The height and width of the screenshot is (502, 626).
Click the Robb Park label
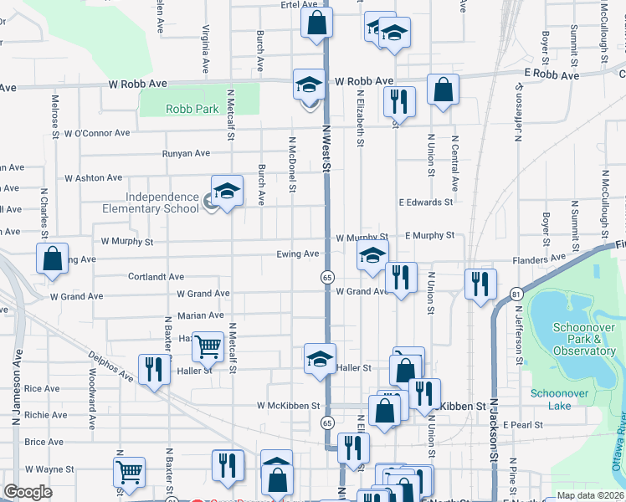pyautogui.click(x=192, y=109)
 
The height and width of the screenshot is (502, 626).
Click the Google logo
pyautogui.click(x=28, y=492)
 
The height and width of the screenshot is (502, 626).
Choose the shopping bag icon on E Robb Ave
pyautogui.click(x=443, y=90)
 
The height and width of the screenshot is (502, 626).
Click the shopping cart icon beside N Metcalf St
pyautogui.click(x=208, y=345)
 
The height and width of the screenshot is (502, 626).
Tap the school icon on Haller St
pyautogui.click(x=319, y=359)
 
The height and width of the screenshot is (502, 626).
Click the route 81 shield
pyautogui.click(x=516, y=294)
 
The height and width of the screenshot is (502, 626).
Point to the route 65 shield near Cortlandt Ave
pyautogui.click(x=326, y=276)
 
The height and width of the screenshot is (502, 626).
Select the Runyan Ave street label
pyautogui.click(x=186, y=153)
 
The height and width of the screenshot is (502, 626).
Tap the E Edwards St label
pyautogui.click(x=425, y=202)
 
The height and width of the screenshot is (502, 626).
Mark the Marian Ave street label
pyautogui.click(x=201, y=315)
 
